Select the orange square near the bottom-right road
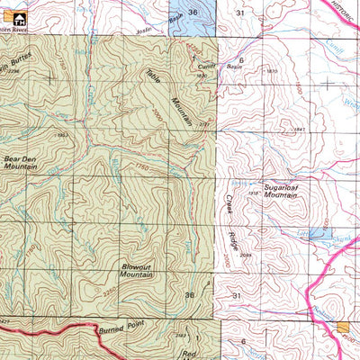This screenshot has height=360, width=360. click(x=342, y=328)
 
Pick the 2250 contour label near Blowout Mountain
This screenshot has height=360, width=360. click(x=135, y=293)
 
